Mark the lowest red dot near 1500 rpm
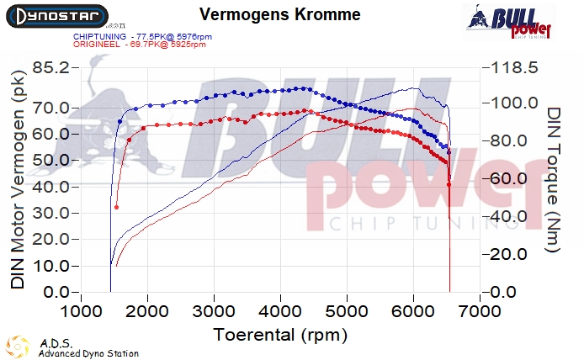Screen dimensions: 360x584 [x=117, y=207]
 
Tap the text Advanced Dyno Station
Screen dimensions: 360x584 [x=88, y=353]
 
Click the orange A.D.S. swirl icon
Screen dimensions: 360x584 [x=17, y=347]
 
